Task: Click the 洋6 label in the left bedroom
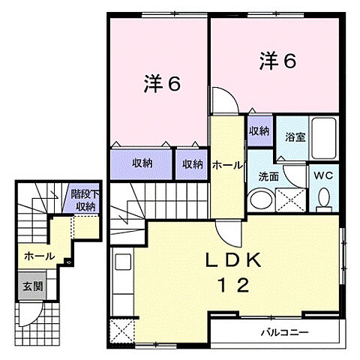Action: tap(162, 84)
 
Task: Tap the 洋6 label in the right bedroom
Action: tap(278, 60)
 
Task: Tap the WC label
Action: tap(325, 175)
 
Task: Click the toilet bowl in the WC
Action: tap(325, 198)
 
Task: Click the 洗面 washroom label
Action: tap(269, 178)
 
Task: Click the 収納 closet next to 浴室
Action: tap(259, 130)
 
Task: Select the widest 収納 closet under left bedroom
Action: tap(142, 163)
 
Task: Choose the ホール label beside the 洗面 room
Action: tap(226, 164)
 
